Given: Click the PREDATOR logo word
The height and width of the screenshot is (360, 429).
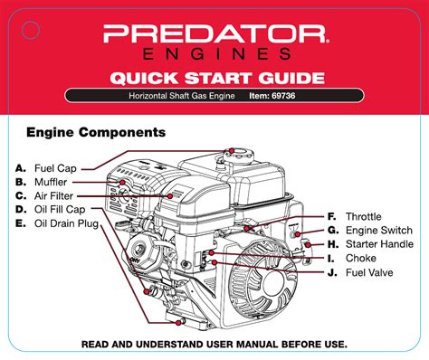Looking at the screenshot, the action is [x=215, y=33].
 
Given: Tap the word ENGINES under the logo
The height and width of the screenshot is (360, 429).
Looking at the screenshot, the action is [x=216, y=54].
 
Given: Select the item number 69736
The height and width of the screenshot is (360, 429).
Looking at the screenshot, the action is [x=283, y=96].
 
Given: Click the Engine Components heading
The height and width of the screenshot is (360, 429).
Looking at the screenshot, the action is [x=96, y=132].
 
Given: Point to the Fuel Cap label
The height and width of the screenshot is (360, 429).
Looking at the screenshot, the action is [x=55, y=168].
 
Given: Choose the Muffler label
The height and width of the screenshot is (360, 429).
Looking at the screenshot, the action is [x=51, y=182].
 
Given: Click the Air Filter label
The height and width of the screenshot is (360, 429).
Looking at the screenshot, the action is [x=53, y=196].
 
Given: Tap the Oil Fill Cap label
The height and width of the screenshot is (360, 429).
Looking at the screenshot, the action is [x=60, y=210].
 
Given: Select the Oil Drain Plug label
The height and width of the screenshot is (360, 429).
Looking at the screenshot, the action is [x=66, y=223].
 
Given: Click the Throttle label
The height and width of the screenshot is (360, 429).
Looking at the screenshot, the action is [x=364, y=216].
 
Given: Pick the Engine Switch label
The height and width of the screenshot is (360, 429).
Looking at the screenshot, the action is [x=379, y=231].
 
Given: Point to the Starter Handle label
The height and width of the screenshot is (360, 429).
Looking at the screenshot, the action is [x=379, y=244].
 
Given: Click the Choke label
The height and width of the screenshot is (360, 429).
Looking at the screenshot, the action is [x=361, y=258].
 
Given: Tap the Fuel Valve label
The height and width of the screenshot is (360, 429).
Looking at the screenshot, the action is [x=369, y=272].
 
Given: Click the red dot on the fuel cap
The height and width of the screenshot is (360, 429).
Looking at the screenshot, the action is [x=232, y=150].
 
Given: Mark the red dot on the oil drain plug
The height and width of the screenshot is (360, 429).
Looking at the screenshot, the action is [x=178, y=323].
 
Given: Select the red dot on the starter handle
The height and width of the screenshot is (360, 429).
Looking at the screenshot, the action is [x=308, y=244].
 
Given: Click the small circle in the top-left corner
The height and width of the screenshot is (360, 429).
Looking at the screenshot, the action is [x=31, y=30].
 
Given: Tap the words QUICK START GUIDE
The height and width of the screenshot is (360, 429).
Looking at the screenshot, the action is [x=217, y=78].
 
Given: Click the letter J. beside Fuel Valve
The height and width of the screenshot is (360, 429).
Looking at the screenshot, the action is [x=332, y=272].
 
